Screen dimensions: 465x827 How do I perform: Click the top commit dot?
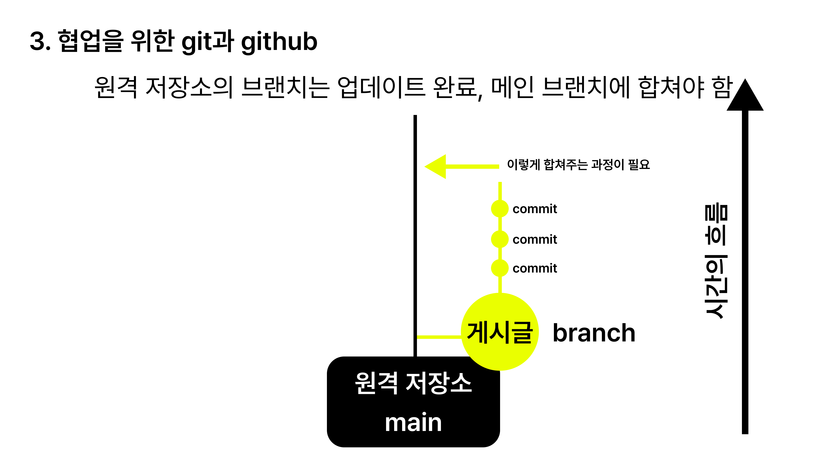pos(500,209)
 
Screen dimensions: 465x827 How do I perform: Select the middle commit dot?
pos(500,239)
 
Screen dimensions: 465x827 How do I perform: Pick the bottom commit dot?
pos(500,268)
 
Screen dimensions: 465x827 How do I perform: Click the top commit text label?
pos(535,209)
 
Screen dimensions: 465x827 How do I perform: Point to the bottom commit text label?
pos(535,268)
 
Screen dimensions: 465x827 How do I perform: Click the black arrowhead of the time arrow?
pos(745,96)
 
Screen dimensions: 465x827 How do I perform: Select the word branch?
pos(594,333)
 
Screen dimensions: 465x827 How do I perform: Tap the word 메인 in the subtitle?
pos(512,87)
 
